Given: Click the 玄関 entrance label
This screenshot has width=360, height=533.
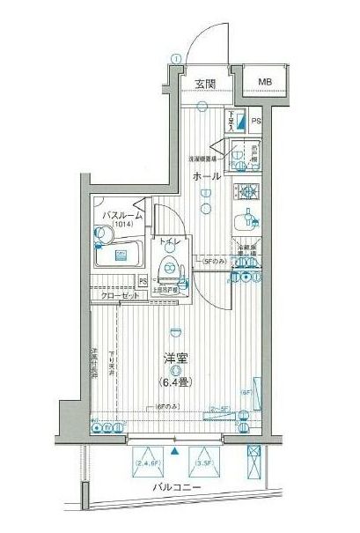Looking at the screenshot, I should point(206,84).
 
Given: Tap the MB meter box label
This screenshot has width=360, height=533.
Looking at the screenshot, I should point(265,83).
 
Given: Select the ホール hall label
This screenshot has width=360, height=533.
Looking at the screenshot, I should point(206,176).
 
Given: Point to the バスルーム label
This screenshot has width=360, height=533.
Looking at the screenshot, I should point(121,215).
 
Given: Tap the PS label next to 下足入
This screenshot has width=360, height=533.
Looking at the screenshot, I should point(256,122).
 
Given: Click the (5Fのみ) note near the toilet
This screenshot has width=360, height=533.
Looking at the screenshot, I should point(213,262).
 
